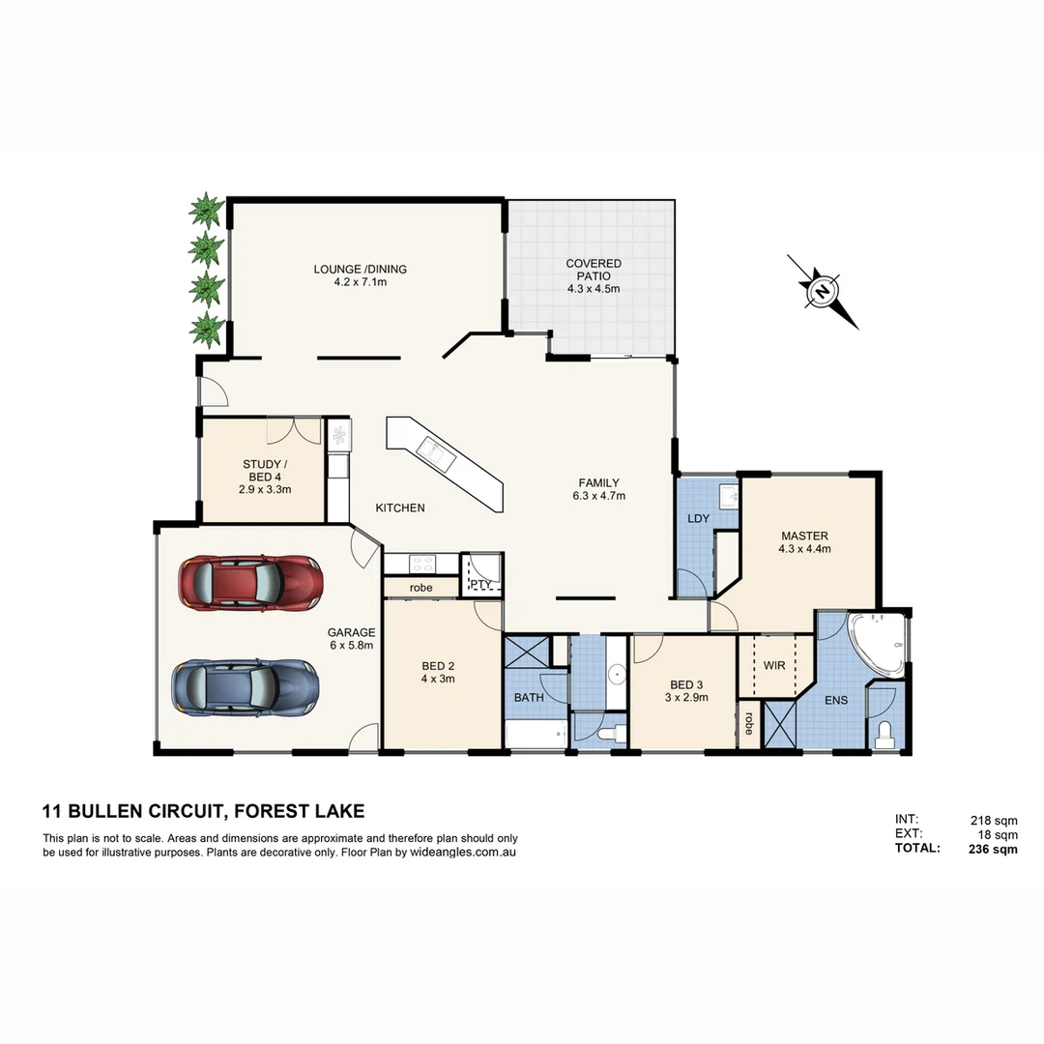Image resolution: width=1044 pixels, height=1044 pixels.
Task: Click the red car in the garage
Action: coord(249,583)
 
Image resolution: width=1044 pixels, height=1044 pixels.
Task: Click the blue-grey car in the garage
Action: coord(245,686)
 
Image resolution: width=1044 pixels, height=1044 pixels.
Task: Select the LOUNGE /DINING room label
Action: coord(360,270)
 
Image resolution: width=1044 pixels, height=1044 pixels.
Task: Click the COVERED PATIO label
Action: coord(594,270)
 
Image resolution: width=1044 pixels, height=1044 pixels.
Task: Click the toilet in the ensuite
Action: coord(885,736)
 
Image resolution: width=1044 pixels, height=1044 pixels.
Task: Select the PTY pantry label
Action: coord(480,584)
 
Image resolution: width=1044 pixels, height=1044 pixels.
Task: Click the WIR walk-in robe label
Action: coord(773,666)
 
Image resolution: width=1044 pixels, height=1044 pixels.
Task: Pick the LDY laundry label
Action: coord(698,519)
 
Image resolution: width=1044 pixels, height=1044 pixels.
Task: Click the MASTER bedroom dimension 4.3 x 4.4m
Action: coord(804,548)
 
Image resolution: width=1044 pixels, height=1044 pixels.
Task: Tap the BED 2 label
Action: coord(438,666)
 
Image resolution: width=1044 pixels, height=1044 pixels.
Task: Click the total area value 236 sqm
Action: coord(993,850)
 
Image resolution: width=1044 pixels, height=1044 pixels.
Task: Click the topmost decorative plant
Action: coord(205,209)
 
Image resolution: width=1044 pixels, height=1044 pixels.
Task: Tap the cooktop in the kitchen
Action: coord(422,563)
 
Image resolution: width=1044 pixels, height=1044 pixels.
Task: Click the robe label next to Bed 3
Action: coord(749,723)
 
